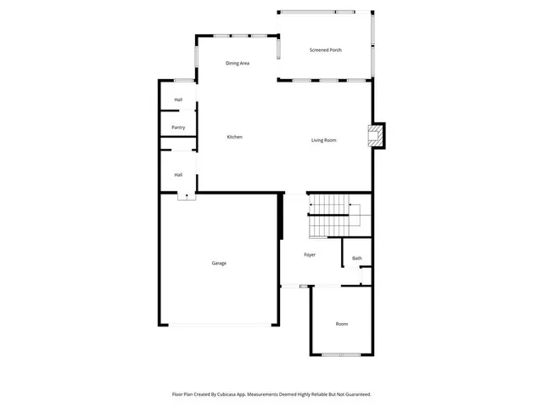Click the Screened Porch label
click(x=325, y=50)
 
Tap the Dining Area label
click(x=238, y=64)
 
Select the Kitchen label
click(x=234, y=137)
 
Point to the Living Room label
click(x=324, y=140)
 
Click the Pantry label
click(x=178, y=127)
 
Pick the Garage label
click(x=219, y=263)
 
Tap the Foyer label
click(x=311, y=255)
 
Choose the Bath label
click(x=357, y=258)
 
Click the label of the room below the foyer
click(x=341, y=324)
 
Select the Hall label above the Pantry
click(x=178, y=100)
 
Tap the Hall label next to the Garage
click(x=178, y=175)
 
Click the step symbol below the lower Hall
click(x=183, y=195)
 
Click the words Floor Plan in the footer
click(x=182, y=394)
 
